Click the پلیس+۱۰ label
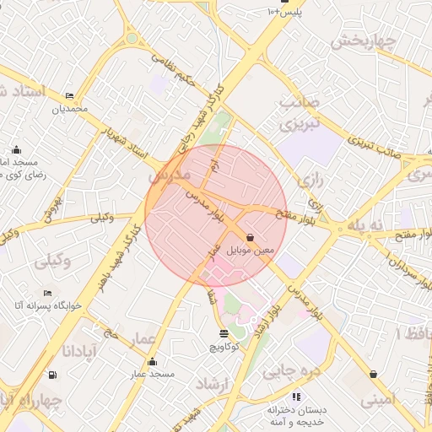(284, 13)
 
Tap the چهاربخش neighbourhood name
(363, 41)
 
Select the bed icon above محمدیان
(69, 95)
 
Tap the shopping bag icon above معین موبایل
(251, 238)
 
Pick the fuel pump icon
(53, 375)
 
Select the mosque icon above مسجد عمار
(152, 362)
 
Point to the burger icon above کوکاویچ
(223, 334)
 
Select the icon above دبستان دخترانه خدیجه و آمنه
(295, 396)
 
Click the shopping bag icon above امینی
(374, 374)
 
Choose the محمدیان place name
(69, 109)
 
